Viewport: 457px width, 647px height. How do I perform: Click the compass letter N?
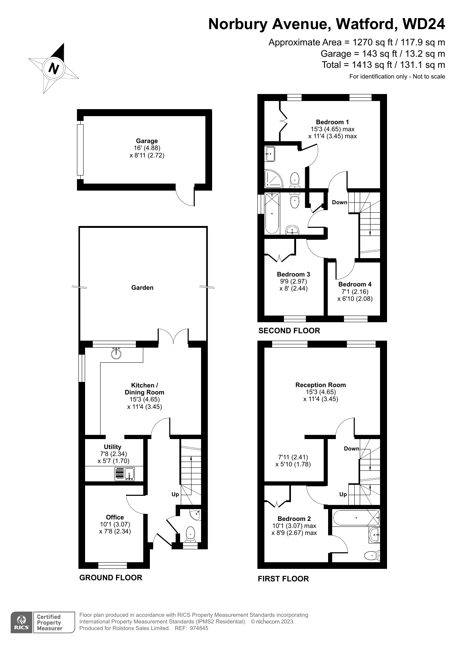(54, 69)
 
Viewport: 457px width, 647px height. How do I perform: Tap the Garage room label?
(147, 141)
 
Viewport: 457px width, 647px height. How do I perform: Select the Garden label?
(143, 288)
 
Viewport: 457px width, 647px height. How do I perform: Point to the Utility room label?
(112, 447)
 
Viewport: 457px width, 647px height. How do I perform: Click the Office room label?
(115, 517)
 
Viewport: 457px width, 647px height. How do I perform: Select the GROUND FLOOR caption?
(111, 578)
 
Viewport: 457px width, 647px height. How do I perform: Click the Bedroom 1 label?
(333, 122)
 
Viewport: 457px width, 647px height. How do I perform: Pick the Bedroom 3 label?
(293, 274)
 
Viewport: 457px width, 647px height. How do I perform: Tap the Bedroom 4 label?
(355, 284)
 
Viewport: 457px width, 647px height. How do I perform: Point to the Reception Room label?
(321, 385)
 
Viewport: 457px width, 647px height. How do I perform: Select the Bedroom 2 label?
(294, 519)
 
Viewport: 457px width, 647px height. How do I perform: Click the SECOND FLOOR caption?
(289, 331)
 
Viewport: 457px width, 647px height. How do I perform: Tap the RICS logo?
(22, 622)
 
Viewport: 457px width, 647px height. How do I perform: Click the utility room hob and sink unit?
(124, 474)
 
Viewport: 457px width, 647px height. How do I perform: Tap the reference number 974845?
(199, 628)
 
